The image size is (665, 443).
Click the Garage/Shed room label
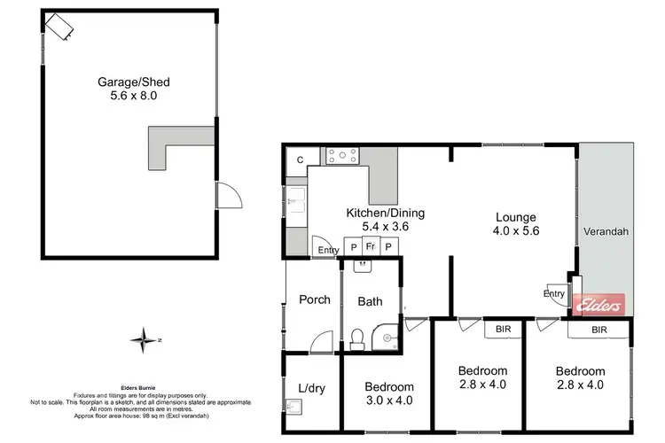(x=133, y=82)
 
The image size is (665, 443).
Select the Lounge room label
(x=517, y=216)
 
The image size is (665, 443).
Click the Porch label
(x=314, y=299)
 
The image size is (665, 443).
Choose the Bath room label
(x=370, y=301)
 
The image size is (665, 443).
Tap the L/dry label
(x=310, y=387)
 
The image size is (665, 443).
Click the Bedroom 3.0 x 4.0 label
(x=389, y=387)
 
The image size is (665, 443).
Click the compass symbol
(x=142, y=338)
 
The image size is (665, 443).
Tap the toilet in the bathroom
(x=356, y=337)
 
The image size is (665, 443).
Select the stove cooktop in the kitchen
(x=343, y=157)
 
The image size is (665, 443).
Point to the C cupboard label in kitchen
(x=301, y=159)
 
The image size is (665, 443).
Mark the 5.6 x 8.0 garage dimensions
(x=133, y=97)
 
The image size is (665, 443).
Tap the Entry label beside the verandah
(x=554, y=294)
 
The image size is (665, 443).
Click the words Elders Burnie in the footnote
(x=139, y=387)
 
